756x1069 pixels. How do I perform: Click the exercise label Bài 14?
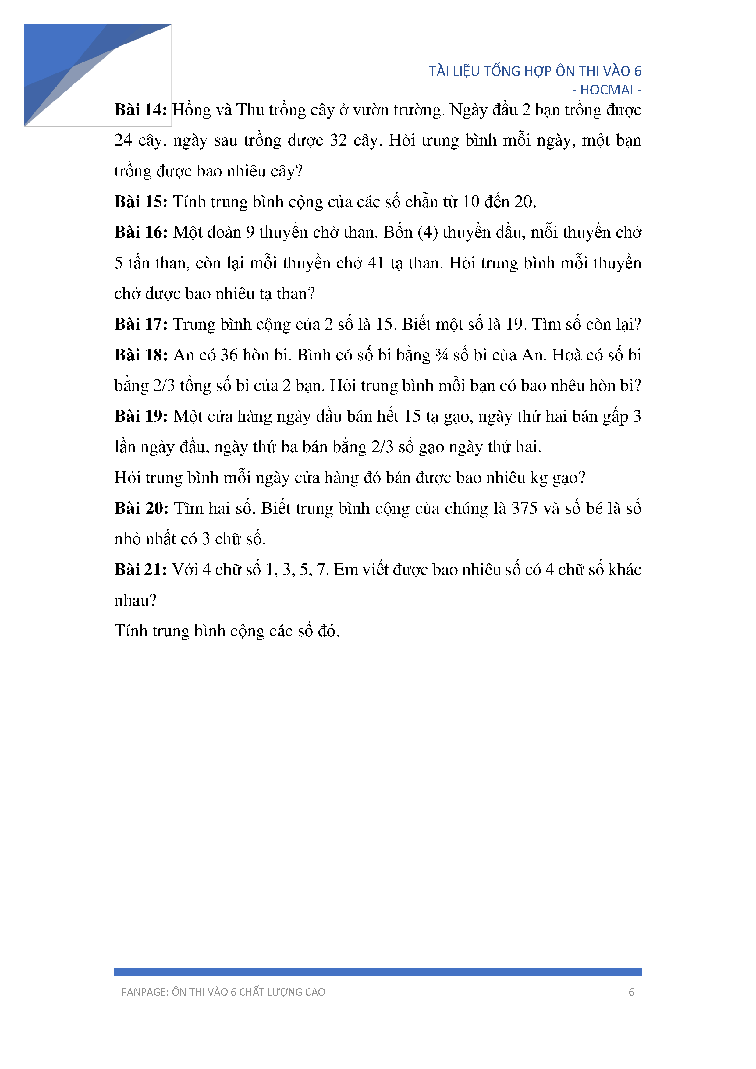click(x=140, y=110)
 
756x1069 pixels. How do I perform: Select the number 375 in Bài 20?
click(x=524, y=508)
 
